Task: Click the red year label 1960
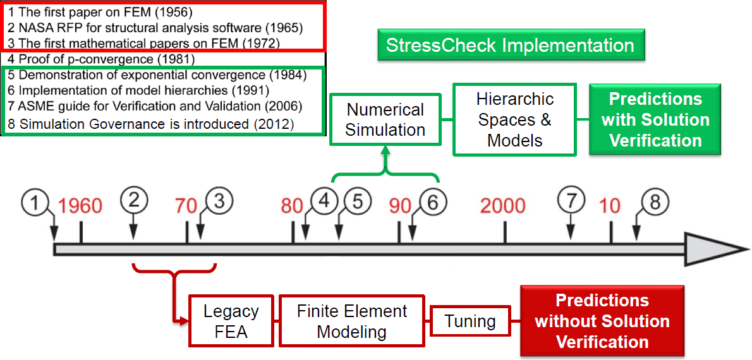coord(81,207)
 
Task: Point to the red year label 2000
coord(504,207)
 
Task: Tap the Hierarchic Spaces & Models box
coord(515,120)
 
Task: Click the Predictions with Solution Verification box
coord(655,120)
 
